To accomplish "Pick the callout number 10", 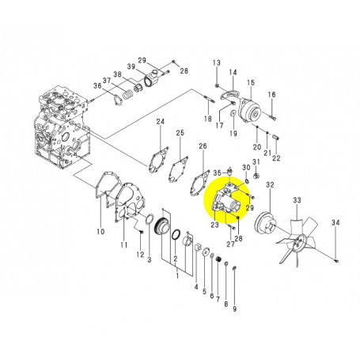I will (100, 232).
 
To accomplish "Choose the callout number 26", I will (203, 146).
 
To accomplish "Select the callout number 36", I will (97, 86).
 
